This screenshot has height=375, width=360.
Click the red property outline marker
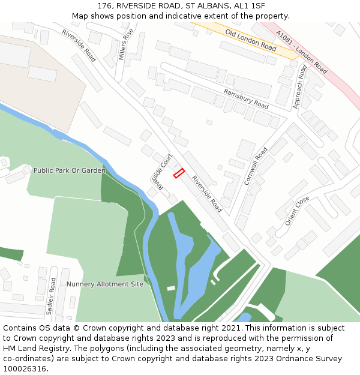click(x=179, y=173)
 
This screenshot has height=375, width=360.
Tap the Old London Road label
click(x=251, y=40)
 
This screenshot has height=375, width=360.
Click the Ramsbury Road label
click(x=246, y=98)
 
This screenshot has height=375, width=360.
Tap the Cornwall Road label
click(x=253, y=166)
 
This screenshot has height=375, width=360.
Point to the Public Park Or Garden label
click(x=69, y=170)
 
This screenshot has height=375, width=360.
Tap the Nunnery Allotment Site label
click(x=105, y=284)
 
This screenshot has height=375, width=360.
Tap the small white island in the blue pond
click(x=171, y=289)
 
